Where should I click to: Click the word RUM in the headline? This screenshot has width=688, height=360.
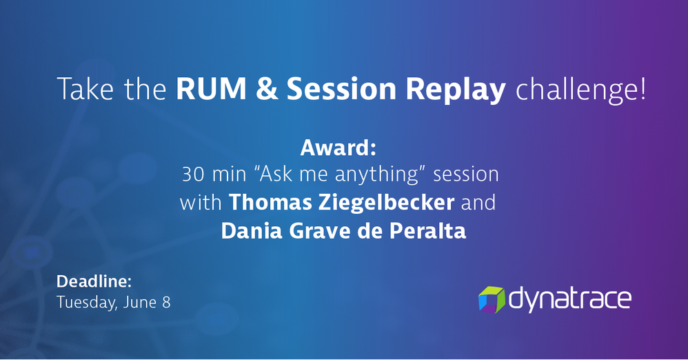pos(212,89)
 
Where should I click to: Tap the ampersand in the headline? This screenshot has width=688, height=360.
pos(267,89)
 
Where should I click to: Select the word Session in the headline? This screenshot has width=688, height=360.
pos(342,89)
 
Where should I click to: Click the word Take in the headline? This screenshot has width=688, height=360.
pos(86,89)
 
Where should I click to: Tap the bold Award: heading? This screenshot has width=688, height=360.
pos(338,148)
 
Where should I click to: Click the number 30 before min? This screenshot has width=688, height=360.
pos(193,174)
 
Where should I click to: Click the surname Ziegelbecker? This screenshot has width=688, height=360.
pos(387,203)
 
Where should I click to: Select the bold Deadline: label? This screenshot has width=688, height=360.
pos(94,281)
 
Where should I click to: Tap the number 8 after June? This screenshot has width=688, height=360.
pos(166,303)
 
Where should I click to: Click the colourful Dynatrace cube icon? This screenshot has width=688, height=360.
pos(492,299)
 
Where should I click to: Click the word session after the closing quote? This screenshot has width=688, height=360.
pos(466,174)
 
